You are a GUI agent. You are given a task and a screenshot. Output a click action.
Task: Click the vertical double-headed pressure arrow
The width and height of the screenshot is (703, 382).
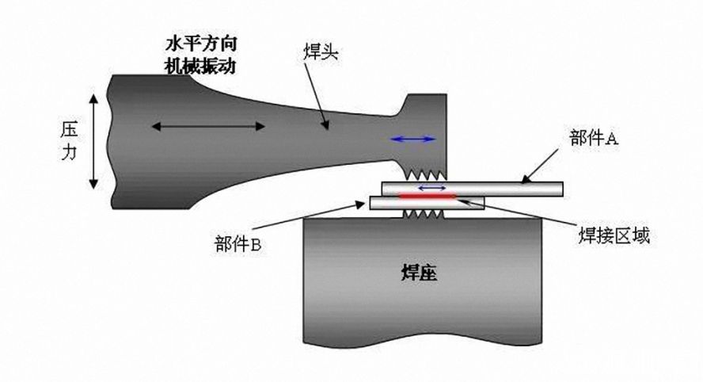point(94,141)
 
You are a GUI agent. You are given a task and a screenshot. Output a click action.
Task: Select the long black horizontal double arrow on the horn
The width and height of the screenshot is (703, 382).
point(208,125)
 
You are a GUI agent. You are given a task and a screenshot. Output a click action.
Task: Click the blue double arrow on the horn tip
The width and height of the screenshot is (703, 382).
point(413,139)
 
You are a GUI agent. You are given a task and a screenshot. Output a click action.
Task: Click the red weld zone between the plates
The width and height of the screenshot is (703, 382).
point(427,195)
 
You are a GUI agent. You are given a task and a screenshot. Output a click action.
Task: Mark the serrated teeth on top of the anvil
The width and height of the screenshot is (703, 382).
point(424,214)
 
